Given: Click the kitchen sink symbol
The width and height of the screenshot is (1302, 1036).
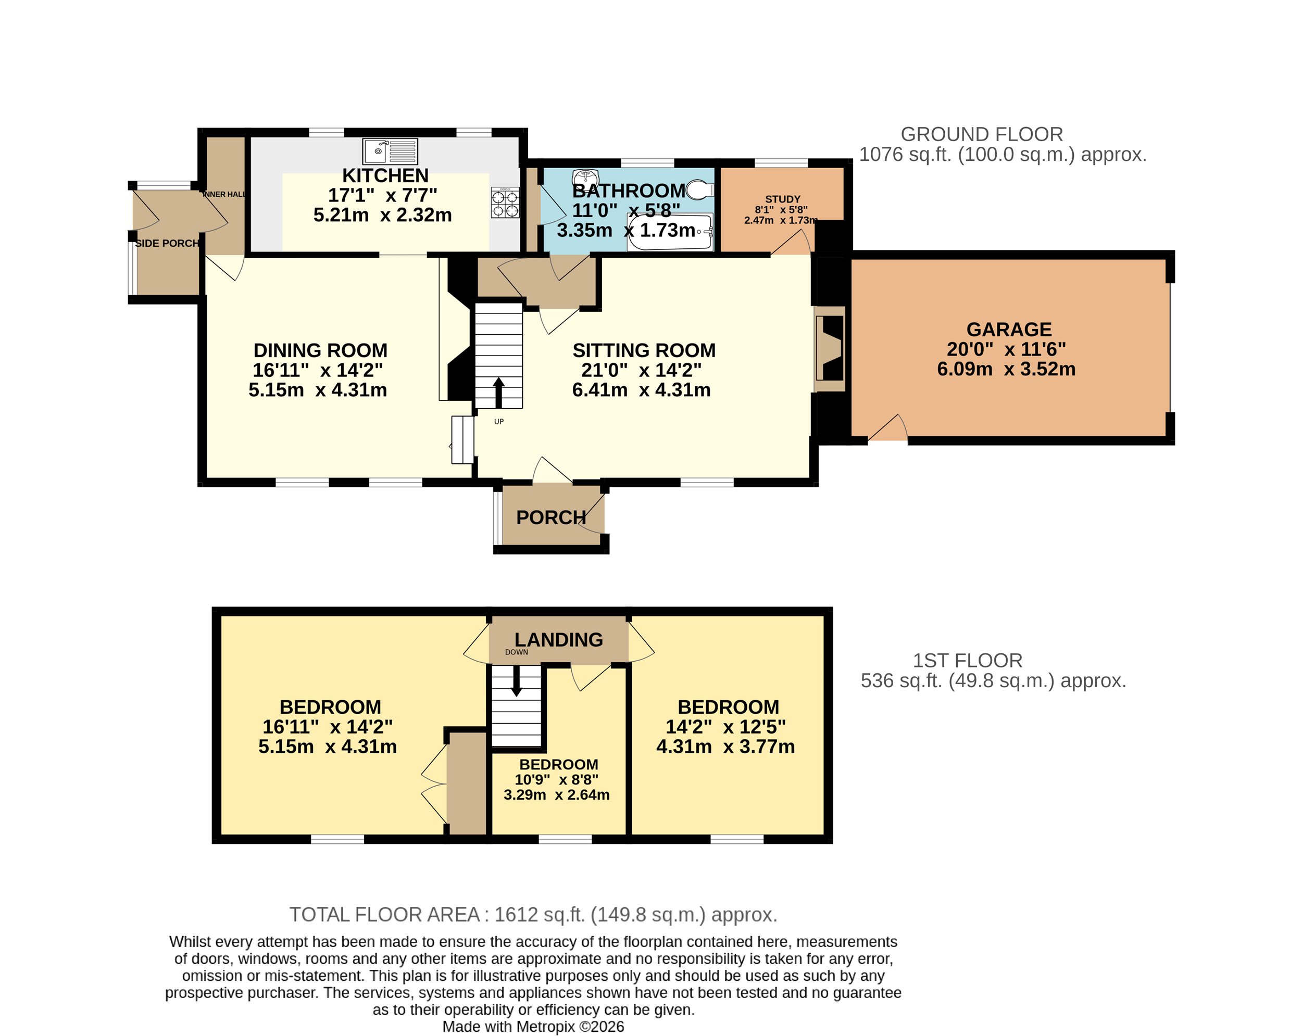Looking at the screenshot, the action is click(390, 151).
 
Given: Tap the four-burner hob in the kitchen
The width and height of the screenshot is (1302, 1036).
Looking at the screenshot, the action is click(505, 202).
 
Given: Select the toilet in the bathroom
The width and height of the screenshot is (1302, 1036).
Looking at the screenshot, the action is click(700, 189).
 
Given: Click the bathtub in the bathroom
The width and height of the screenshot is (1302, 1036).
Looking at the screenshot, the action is click(670, 232).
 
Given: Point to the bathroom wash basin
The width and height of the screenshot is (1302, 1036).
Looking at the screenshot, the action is click(584, 176).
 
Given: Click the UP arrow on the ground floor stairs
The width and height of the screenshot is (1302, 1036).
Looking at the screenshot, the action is click(499, 393).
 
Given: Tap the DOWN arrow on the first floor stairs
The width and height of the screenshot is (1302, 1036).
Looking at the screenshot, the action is click(516, 680).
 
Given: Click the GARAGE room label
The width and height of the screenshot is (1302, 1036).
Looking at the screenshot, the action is click(1009, 330).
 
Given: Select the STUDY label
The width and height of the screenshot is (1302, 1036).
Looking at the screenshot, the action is click(783, 199).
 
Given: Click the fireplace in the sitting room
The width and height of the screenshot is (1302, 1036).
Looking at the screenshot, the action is click(829, 349).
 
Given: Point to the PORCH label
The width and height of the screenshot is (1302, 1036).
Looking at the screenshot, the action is click(552, 517).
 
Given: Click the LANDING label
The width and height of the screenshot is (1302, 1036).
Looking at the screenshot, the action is click(559, 639).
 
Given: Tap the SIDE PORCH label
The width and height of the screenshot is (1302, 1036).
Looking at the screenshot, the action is click(167, 243).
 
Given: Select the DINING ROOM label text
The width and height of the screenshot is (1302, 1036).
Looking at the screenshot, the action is click(320, 350).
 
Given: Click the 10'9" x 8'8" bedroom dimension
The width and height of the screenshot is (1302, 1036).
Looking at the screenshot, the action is click(556, 779).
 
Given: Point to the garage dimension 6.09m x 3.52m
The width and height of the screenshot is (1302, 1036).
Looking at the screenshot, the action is click(1006, 369).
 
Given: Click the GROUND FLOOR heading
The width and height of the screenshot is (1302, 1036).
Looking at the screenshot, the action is click(982, 134).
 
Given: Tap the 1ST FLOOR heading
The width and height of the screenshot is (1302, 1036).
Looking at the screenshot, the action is click(968, 661).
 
